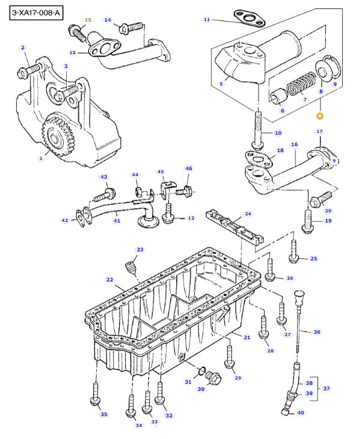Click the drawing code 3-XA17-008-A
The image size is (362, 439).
coord(36,11)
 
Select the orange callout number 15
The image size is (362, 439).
coord(87,20)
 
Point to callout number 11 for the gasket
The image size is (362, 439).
coord(206,20)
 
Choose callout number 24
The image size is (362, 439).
coord(248,213)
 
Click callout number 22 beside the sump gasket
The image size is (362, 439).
coord(109,280)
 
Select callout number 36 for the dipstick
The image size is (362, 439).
coord(317,332)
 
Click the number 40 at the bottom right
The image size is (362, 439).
coord(300,412)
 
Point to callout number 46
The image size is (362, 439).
coord(188,169)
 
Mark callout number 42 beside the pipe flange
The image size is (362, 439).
coord(65,221)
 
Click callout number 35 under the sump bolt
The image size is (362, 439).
coord(103,414)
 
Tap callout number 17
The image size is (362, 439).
coord(319,131)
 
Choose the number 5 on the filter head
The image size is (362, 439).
coord(221,84)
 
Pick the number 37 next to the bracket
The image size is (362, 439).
coord(327,388)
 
